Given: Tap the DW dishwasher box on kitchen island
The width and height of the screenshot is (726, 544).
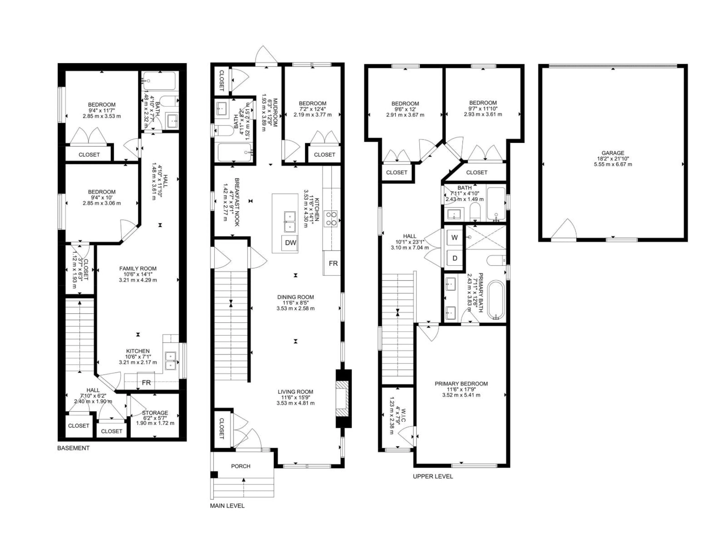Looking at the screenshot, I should tap(290, 243).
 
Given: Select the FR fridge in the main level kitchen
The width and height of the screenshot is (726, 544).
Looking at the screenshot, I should tap(333, 263).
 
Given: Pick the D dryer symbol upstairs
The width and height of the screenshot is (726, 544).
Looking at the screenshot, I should tap(455, 258).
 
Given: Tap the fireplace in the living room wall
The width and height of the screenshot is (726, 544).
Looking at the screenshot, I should tap(343, 398).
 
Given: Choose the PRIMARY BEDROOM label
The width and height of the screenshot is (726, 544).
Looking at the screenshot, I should tap(461, 384).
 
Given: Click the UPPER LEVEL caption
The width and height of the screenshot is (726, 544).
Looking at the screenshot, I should tap(433, 476).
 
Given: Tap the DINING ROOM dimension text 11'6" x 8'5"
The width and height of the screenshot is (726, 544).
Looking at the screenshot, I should tap(295, 303).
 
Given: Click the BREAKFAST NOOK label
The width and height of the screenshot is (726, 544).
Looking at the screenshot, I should tap(237, 202).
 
